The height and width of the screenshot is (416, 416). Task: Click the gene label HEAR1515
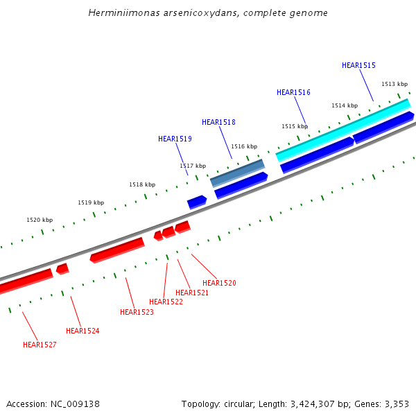(x=358, y=65)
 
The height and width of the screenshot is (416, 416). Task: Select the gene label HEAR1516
(x=293, y=92)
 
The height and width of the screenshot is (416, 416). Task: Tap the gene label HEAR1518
(x=218, y=122)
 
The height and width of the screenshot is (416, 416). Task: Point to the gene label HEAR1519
(x=175, y=139)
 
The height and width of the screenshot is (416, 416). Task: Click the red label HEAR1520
(x=219, y=283)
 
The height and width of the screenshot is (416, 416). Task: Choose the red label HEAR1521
(x=192, y=293)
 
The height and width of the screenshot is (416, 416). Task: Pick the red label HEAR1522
(x=166, y=302)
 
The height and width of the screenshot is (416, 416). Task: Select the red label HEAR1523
(x=137, y=312)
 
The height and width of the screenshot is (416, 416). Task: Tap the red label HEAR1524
(x=83, y=331)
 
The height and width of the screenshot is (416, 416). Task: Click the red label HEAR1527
(x=40, y=345)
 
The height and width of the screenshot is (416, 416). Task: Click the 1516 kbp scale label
(x=244, y=146)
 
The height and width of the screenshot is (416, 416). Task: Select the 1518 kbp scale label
(x=142, y=184)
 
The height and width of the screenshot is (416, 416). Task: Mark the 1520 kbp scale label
(x=40, y=220)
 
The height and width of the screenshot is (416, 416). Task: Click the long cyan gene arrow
(x=343, y=130)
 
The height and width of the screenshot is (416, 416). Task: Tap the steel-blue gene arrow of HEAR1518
(x=237, y=173)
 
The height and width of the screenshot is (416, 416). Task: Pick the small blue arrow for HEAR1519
(x=197, y=202)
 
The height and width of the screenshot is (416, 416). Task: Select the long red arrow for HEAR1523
(x=117, y=250)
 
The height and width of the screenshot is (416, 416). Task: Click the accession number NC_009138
(x=76, y=404)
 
